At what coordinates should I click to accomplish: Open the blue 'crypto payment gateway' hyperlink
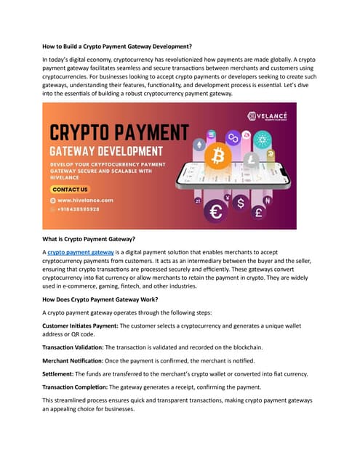point(81,251)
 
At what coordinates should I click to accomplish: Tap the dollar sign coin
point(241,204)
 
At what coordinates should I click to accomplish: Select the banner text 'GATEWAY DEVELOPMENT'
point(106,151)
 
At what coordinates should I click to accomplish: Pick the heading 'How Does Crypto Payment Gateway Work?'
point(108,299)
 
